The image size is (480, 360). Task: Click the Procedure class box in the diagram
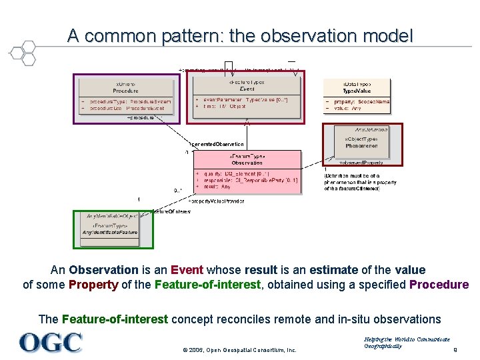pos(126,97)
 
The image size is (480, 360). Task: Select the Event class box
pos(246,97)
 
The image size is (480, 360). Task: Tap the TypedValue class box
pos(357,96)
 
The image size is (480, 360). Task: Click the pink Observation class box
pos(247,171)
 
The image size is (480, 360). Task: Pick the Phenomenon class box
pos(362,143)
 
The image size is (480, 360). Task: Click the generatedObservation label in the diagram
pos(218,144)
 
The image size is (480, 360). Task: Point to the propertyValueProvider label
pos(217,201)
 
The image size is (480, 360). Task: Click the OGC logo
pos(51,343)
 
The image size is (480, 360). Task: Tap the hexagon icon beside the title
pos(23,52)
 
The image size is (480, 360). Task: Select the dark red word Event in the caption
pos(187,270)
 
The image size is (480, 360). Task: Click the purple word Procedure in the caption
pos(439,285)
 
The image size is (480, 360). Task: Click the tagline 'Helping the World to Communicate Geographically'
pos(407,343)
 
